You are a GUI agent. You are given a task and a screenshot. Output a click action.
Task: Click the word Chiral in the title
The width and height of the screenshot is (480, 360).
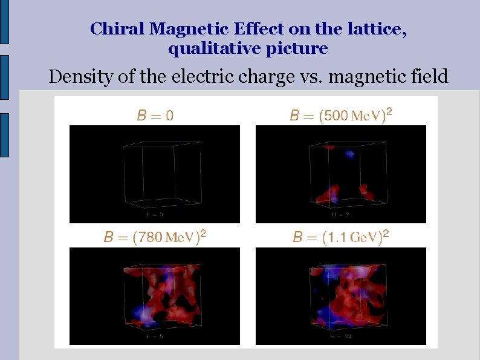pyautogui.click(x=117, y=28)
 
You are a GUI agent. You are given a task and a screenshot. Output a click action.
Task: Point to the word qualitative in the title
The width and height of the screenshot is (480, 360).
pyautogui.click(x=204, y=48)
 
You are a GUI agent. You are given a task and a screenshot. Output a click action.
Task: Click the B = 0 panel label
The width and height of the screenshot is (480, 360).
pyautogui.click(x=155, y=115)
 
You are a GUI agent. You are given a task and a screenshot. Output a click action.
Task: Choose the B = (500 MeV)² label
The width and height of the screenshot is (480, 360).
pyautogui.click(x=341, y=114)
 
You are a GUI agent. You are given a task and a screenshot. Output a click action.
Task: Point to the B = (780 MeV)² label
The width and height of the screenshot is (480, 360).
pyautogui.click(x=155, y=236)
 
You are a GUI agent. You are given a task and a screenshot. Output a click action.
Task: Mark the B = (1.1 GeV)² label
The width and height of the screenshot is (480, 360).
pyautogui.click(x=341, y=236)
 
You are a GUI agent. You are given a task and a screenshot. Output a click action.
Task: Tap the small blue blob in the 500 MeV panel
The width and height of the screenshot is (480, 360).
pyautogui.click(x=349, y=154)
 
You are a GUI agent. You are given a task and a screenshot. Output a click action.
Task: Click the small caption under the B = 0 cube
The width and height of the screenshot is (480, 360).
pyautogui.click(x=155, y=214)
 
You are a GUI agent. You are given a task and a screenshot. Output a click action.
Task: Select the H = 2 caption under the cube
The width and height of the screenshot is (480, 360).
pyautogui.click(x=340, y=214)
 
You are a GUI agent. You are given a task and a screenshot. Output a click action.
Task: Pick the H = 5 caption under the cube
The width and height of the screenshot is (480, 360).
pyautogui.click(x=155, y=336)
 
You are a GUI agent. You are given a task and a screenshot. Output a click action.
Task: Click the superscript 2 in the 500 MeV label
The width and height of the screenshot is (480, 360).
pyautogui.click(x=389, y=111)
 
